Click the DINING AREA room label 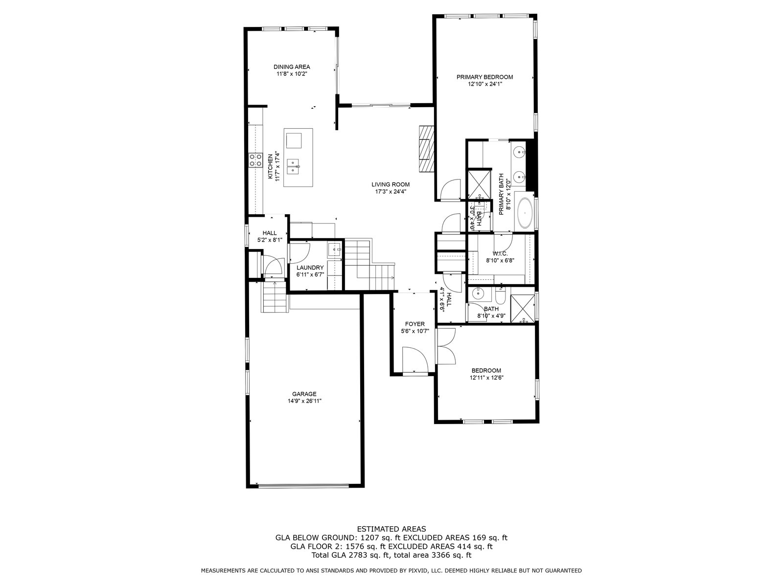point(292,67)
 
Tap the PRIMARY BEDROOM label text point(485,77)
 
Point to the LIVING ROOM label point(390,184)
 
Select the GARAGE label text point(304,394)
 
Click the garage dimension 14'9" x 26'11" point(304,401)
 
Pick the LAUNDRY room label point(310,268)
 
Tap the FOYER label point(415,324)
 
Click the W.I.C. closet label point(500,253)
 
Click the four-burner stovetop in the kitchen point(255,160)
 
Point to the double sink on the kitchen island point(293,167)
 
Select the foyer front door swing point(415,359)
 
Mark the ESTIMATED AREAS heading point(391,529)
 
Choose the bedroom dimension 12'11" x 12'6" point(486,378)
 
